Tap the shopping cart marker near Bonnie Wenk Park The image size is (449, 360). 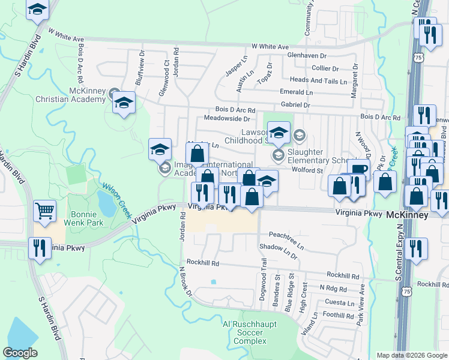45,211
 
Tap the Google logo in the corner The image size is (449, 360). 20,353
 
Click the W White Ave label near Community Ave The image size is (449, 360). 270,46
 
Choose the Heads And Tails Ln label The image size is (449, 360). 318,80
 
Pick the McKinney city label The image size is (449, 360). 406,214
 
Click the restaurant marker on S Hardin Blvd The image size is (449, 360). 40,247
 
